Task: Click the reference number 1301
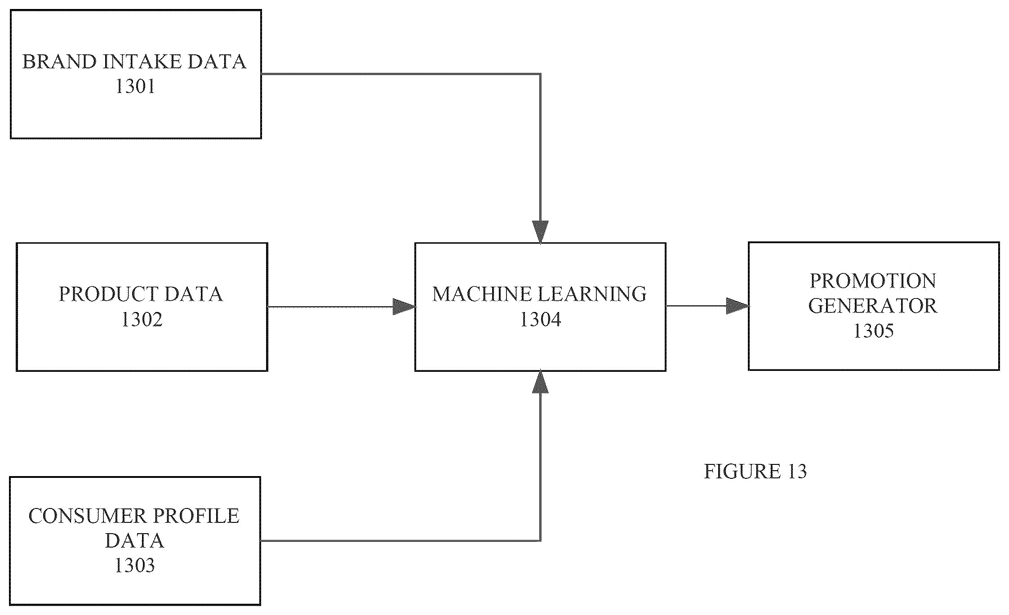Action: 135,86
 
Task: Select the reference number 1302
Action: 142,320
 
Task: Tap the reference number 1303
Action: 135,565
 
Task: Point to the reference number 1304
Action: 540,320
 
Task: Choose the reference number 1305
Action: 873,331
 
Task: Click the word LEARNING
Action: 592,294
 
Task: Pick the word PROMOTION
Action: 873,281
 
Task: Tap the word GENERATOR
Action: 873,306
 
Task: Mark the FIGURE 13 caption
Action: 755,471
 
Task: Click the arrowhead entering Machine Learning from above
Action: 540,232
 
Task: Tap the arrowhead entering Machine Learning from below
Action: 540,382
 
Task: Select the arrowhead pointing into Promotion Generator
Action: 738,306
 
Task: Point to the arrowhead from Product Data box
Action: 404,307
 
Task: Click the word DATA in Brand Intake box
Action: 217,62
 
